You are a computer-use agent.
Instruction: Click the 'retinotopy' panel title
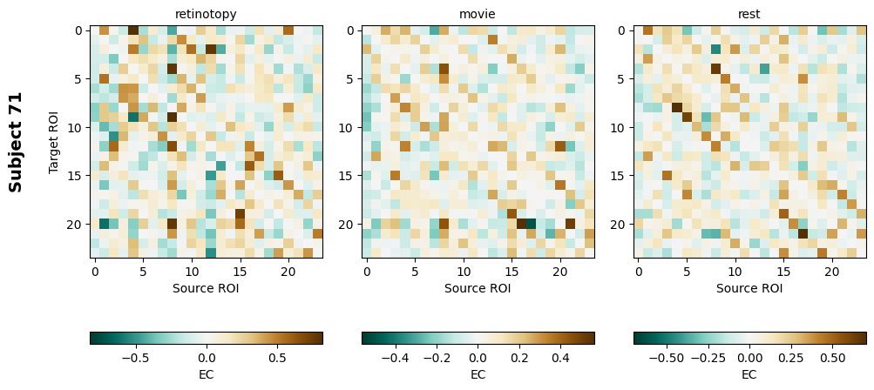(206, 14)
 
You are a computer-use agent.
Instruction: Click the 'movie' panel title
(478, 14)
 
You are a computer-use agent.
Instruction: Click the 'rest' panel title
(749, 14)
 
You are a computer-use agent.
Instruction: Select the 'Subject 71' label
(16, 141)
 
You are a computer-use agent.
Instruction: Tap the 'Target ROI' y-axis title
(54, 141)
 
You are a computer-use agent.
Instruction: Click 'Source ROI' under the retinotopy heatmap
(206, 288)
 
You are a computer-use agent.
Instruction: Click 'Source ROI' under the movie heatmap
(478, 288)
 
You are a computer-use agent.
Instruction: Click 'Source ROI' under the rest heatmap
(749, 288)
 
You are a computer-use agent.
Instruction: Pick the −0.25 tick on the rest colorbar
(708, 357)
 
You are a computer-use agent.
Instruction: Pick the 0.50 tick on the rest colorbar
(833, 357)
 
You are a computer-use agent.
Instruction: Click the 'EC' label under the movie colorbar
(478, 374)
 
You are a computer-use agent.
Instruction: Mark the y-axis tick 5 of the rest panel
(625, 78)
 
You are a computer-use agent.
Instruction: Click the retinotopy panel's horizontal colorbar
(206, 338)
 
